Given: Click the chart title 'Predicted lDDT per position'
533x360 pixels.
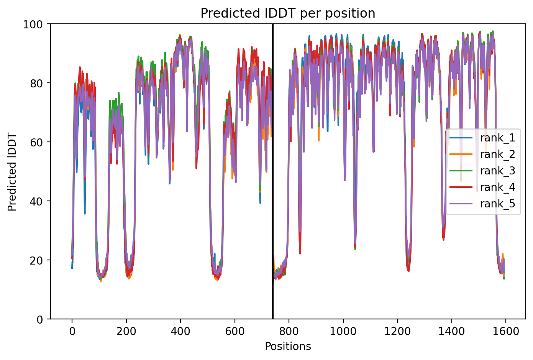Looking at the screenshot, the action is click(x=288, y=13).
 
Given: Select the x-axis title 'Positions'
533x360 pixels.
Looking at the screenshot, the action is click(x=288, y=346).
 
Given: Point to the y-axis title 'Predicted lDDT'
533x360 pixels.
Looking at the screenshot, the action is click(x=11, y=171).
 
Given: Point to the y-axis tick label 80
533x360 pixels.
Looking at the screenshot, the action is click(x=36, y=83).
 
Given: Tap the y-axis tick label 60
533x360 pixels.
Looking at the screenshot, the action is click(x=36, y=142).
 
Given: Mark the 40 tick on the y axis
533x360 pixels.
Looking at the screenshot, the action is click(x=36, y=201).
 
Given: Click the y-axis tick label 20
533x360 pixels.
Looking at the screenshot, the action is click(x=36, y=260).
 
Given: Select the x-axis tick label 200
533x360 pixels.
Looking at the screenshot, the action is click(x=126, y=331).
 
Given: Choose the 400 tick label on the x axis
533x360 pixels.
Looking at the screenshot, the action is click(x=180, y=331).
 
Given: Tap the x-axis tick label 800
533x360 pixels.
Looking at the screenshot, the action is click(x=289, y=331).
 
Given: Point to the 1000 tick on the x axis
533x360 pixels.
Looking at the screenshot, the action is click(x=343, y=331).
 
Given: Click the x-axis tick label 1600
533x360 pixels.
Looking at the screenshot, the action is click(x=506, y=331).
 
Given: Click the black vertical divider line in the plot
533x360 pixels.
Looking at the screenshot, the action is click(x=273, y=171).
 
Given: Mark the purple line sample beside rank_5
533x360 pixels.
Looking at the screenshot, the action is click(x=461, y=204).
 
